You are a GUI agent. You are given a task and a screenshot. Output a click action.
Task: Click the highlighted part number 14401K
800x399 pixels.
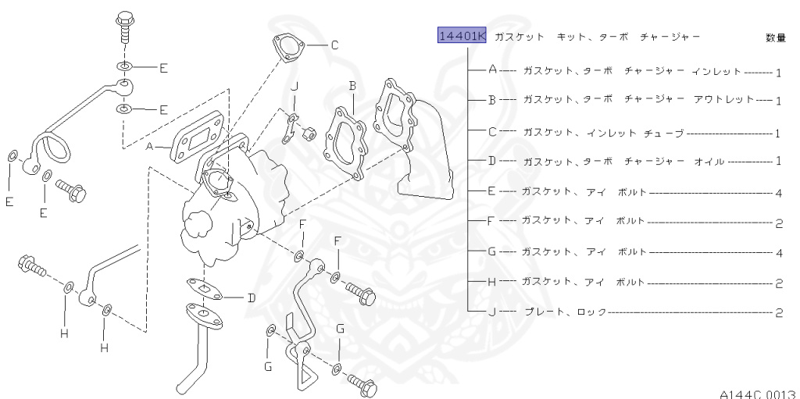461,37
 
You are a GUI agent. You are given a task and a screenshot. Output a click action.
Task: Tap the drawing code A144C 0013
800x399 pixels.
757,393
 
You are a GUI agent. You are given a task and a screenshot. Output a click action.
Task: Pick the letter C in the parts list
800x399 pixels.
492,132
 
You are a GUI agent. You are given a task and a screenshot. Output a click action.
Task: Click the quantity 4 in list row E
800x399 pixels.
779,193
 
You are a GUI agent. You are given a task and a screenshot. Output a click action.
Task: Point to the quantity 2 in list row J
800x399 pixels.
779,314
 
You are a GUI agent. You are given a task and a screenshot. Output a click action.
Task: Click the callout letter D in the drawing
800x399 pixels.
252,297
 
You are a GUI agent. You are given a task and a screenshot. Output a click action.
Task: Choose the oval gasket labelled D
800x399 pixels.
205,287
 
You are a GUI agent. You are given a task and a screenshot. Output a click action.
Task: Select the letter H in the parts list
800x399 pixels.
492,282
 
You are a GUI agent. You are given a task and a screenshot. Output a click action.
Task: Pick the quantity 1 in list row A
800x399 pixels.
779,72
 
